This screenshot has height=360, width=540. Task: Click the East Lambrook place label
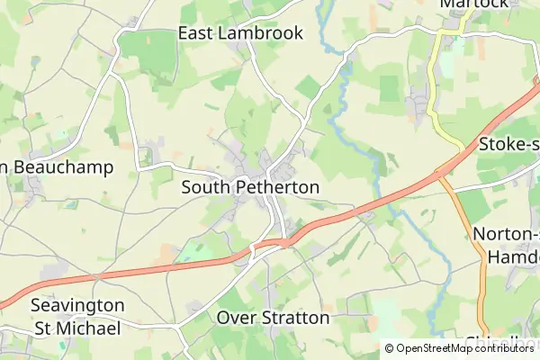tap(240, 33)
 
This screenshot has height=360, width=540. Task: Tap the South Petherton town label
tap(250, 187)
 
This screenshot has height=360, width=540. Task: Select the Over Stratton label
tap(273, 318)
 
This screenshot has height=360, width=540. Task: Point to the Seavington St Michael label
tap(76, 317)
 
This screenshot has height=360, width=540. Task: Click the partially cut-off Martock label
tap(475, 4)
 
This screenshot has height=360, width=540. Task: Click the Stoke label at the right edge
tap(508, 144)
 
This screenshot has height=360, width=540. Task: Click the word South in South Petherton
tap(208, 187)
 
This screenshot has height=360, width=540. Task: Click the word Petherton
tap(278, 187)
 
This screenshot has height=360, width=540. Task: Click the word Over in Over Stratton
tap(233, 318)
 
